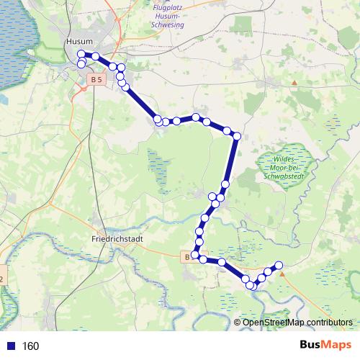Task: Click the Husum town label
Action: (x=78, y=42)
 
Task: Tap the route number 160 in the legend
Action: (x=30, y=346)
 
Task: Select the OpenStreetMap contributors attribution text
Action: (x=297, y=322)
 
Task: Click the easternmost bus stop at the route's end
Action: (x=279, y=266)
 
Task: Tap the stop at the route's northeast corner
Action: (x=236, y=136)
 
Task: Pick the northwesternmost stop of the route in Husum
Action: (x=81, y=54)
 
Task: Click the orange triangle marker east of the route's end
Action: (x=282, y=274)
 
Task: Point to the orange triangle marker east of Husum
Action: (x=294, y=82)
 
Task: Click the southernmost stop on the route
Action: (x=251, y=287)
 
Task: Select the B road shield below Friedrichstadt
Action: (x=187, y=256)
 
